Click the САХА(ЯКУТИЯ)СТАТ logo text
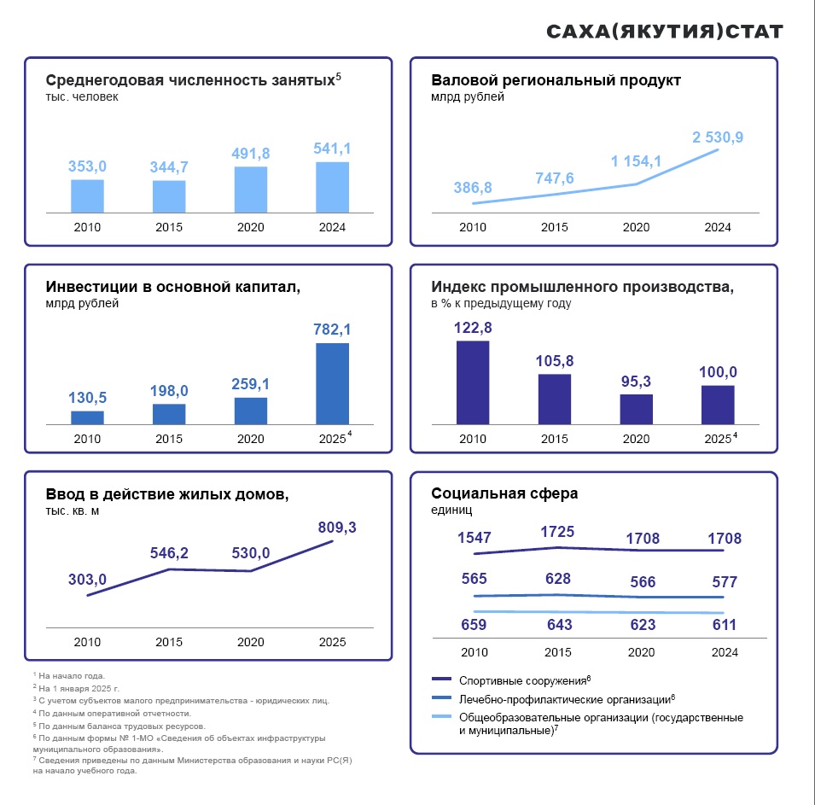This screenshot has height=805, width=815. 664,32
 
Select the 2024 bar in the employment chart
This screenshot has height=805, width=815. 332,187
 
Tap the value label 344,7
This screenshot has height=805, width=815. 169,167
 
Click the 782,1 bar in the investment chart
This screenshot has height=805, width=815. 332,383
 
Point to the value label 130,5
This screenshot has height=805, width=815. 87,398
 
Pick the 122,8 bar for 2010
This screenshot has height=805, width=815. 473,382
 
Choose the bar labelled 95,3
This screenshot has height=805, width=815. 636,409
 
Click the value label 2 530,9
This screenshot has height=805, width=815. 718,137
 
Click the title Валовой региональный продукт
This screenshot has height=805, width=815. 556,80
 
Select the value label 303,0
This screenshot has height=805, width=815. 87,580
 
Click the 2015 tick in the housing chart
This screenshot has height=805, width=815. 169,642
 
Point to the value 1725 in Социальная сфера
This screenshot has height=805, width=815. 557,533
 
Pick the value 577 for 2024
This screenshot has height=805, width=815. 725,582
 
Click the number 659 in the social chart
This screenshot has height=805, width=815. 473,625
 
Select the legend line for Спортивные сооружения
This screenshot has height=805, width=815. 440,680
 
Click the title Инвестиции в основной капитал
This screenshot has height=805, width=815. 172,287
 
